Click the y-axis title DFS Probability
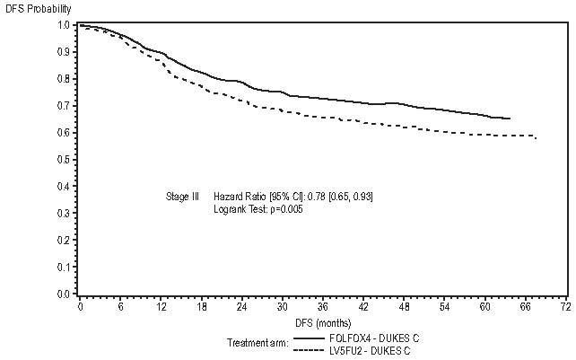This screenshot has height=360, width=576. pos(35,8)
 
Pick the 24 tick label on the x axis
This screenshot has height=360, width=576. pos(242,307)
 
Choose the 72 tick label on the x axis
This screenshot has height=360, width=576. pos(565,307)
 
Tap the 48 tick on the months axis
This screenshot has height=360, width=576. pos(404,307)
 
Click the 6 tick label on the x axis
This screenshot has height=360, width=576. pos(121,307)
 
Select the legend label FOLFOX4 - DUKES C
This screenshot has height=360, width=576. pos(375,337)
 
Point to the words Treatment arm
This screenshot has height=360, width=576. pos(256,342)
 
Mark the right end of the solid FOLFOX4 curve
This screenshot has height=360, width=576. pos(511,119)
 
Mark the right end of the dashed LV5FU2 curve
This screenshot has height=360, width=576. pos(537,137)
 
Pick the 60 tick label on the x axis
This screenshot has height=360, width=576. pos(484,307)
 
